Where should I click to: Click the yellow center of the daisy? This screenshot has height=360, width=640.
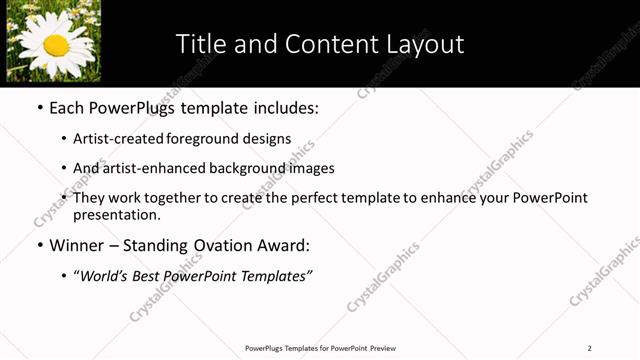pyautogui.click(x=56, y=45)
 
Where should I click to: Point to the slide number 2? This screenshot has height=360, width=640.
pyautogui.click(x=590, y=348)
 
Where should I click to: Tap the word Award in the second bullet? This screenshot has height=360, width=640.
pyautogui.click(x=285, y=245)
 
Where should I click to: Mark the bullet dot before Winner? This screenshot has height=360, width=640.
pyautogui.click(x=39, y=245)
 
